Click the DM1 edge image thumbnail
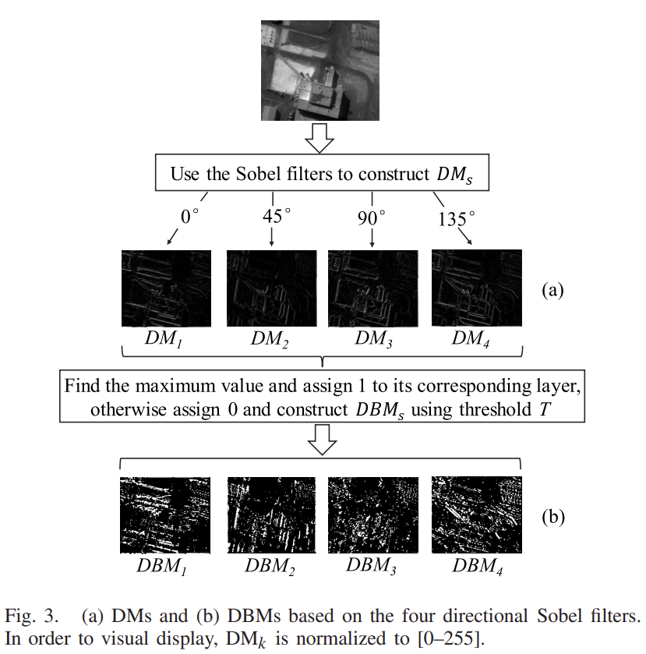[167, 288]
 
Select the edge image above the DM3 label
[372, 288]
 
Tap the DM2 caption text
[270, 340]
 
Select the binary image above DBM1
[165, 514]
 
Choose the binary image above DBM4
[476, 514]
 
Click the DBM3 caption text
[373, 567]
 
